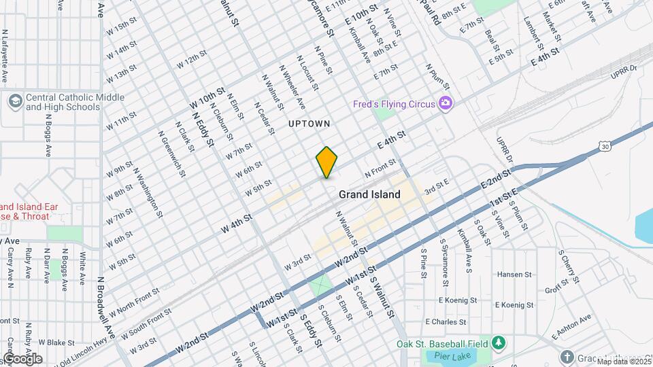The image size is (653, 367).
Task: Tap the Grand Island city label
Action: point(369,194)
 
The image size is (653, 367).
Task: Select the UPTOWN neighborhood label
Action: point(309,124)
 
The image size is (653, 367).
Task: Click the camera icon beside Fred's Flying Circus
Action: point(446,103)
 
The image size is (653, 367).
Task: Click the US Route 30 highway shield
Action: point(605,145)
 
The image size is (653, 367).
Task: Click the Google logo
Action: point(22,358)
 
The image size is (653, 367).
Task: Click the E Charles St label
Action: point(445,321)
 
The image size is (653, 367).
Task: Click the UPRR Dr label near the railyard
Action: point(622,68)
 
